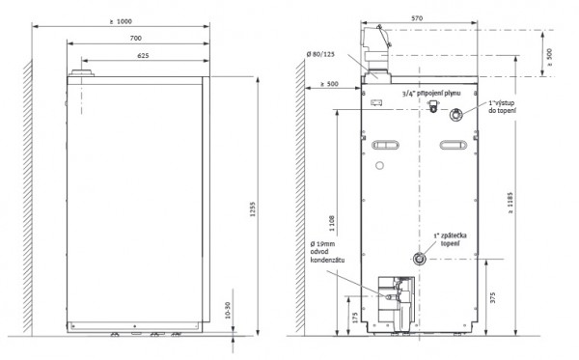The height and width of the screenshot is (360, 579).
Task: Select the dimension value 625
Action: click(x=142, y=56)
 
